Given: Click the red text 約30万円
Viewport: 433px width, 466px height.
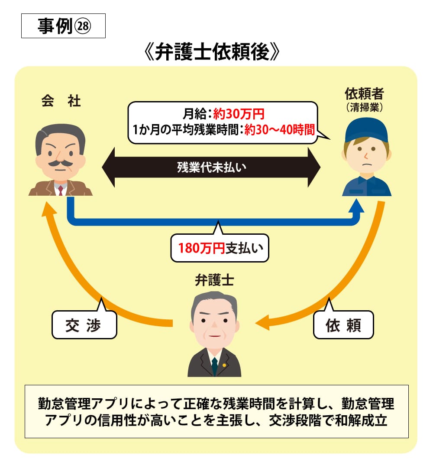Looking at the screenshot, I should point(239,114).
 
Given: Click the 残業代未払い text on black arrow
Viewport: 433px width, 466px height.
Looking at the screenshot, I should point(211,167).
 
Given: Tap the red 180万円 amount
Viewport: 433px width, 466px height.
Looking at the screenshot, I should point(201,248).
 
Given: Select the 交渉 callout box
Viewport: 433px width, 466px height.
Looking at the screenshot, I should point(84,325).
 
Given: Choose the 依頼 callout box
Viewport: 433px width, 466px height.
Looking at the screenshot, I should point(343,325).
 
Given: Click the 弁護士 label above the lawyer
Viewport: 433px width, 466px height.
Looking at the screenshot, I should point(214,281).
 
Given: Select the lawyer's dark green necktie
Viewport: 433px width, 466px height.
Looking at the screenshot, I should point(214,367).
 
